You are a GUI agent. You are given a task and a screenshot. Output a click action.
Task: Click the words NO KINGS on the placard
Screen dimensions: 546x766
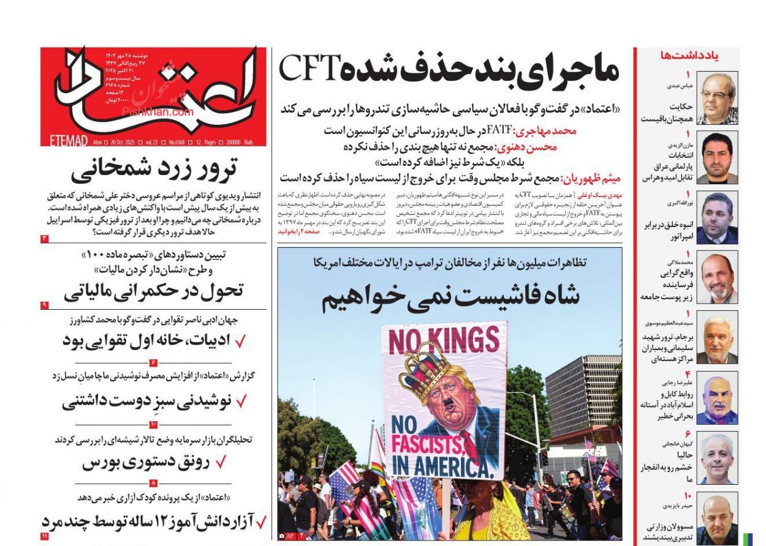tap(444, 339)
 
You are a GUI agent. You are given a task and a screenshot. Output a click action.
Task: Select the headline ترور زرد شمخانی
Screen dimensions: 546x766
tap(154, 171)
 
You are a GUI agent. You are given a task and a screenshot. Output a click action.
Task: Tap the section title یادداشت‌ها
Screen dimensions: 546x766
tap(689, 56)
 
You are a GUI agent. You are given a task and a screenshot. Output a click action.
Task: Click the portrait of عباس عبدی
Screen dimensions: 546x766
tap(716, 98)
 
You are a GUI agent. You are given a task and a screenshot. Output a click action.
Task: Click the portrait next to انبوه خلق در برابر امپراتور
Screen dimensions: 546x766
tap(716, 218)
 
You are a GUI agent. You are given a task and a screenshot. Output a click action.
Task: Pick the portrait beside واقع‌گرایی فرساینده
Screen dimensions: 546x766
tap(716, 277)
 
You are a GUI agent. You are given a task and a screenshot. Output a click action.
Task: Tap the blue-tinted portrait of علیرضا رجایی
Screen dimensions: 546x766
tap(716, 398)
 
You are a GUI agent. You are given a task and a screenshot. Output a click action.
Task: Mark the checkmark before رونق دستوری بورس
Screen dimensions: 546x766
tap(221, 462)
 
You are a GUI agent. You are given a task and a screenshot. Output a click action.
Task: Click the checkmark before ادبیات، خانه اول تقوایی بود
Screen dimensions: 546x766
tap(241, 341)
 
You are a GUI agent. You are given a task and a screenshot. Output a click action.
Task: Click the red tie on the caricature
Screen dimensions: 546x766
tap(468, 438)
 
